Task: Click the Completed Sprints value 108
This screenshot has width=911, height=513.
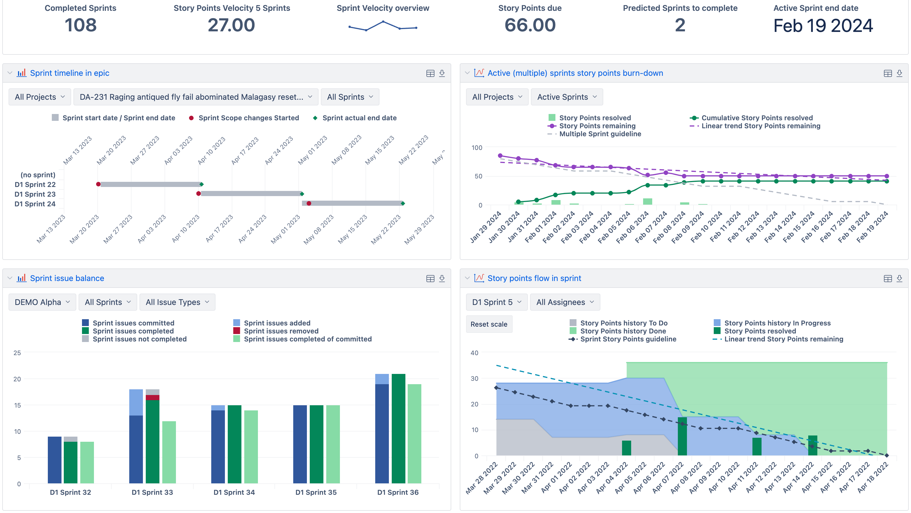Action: [80, 25]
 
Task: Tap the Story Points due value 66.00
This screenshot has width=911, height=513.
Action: [530, 25]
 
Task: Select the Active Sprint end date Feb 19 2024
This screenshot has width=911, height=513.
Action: [823, 26]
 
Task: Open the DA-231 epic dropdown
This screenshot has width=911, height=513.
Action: [196, 97]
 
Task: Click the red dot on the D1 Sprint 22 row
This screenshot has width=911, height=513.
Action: [98, 184]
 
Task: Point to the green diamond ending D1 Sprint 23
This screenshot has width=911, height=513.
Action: [302, 194]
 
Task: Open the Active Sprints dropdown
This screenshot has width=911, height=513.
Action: [567, 97]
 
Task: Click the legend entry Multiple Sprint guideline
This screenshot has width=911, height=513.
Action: [600, 134]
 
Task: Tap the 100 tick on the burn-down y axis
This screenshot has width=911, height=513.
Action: [477, 148]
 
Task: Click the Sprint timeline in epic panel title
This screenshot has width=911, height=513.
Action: [70, 73]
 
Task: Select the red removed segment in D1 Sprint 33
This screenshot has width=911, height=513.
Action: [152, 398]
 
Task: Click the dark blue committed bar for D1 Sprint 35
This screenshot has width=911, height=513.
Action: [300, 444]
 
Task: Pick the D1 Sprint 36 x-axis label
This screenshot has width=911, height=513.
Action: [398, 492]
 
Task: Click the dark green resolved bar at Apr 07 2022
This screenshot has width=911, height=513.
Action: [682, 436]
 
